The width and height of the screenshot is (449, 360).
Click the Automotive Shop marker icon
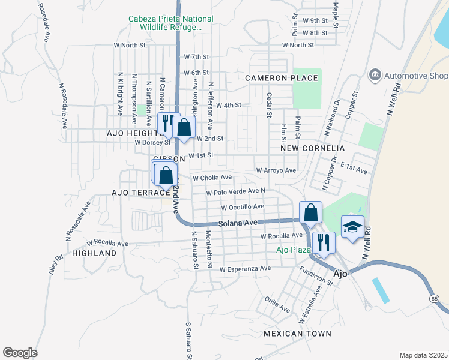tap(375, 75)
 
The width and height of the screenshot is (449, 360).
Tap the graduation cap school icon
tap(353, 227)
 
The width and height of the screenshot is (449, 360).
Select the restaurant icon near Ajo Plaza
tap(324, 243)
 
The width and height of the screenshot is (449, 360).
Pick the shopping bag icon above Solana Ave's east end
tap(310, 212)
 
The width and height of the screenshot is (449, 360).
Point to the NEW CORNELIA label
tap(313, 148)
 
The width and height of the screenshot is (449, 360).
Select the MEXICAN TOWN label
tap(297, 333)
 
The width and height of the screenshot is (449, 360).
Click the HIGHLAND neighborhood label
tap(94, 253)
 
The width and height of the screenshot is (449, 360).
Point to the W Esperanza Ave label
tap(245, 269)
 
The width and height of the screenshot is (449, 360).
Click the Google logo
tap(20, 353)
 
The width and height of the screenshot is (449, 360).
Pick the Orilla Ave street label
tap(277, 304)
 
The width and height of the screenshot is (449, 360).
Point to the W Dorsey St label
tap(153, 143)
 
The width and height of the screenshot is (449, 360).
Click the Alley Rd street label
tap(55, 266)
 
